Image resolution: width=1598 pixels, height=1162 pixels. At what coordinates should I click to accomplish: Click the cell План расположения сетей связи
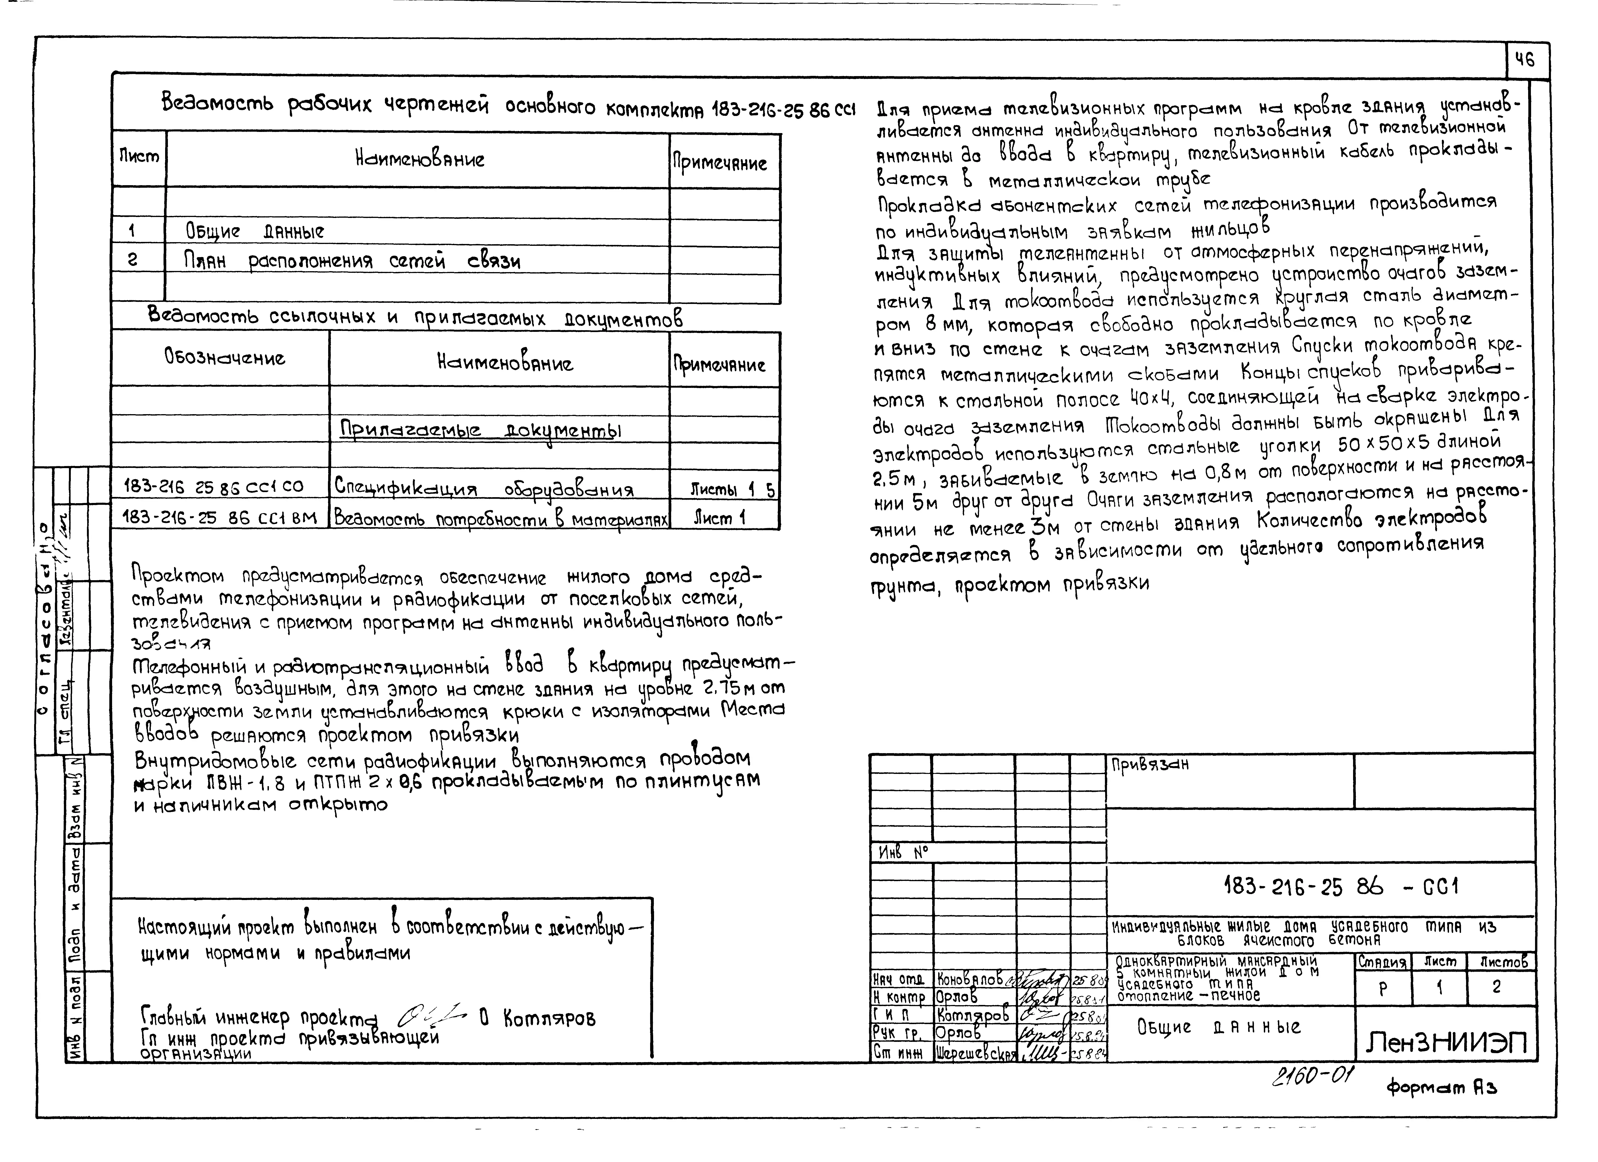(352, 262)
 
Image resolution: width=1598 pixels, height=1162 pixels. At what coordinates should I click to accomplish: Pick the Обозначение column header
(225, 357)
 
